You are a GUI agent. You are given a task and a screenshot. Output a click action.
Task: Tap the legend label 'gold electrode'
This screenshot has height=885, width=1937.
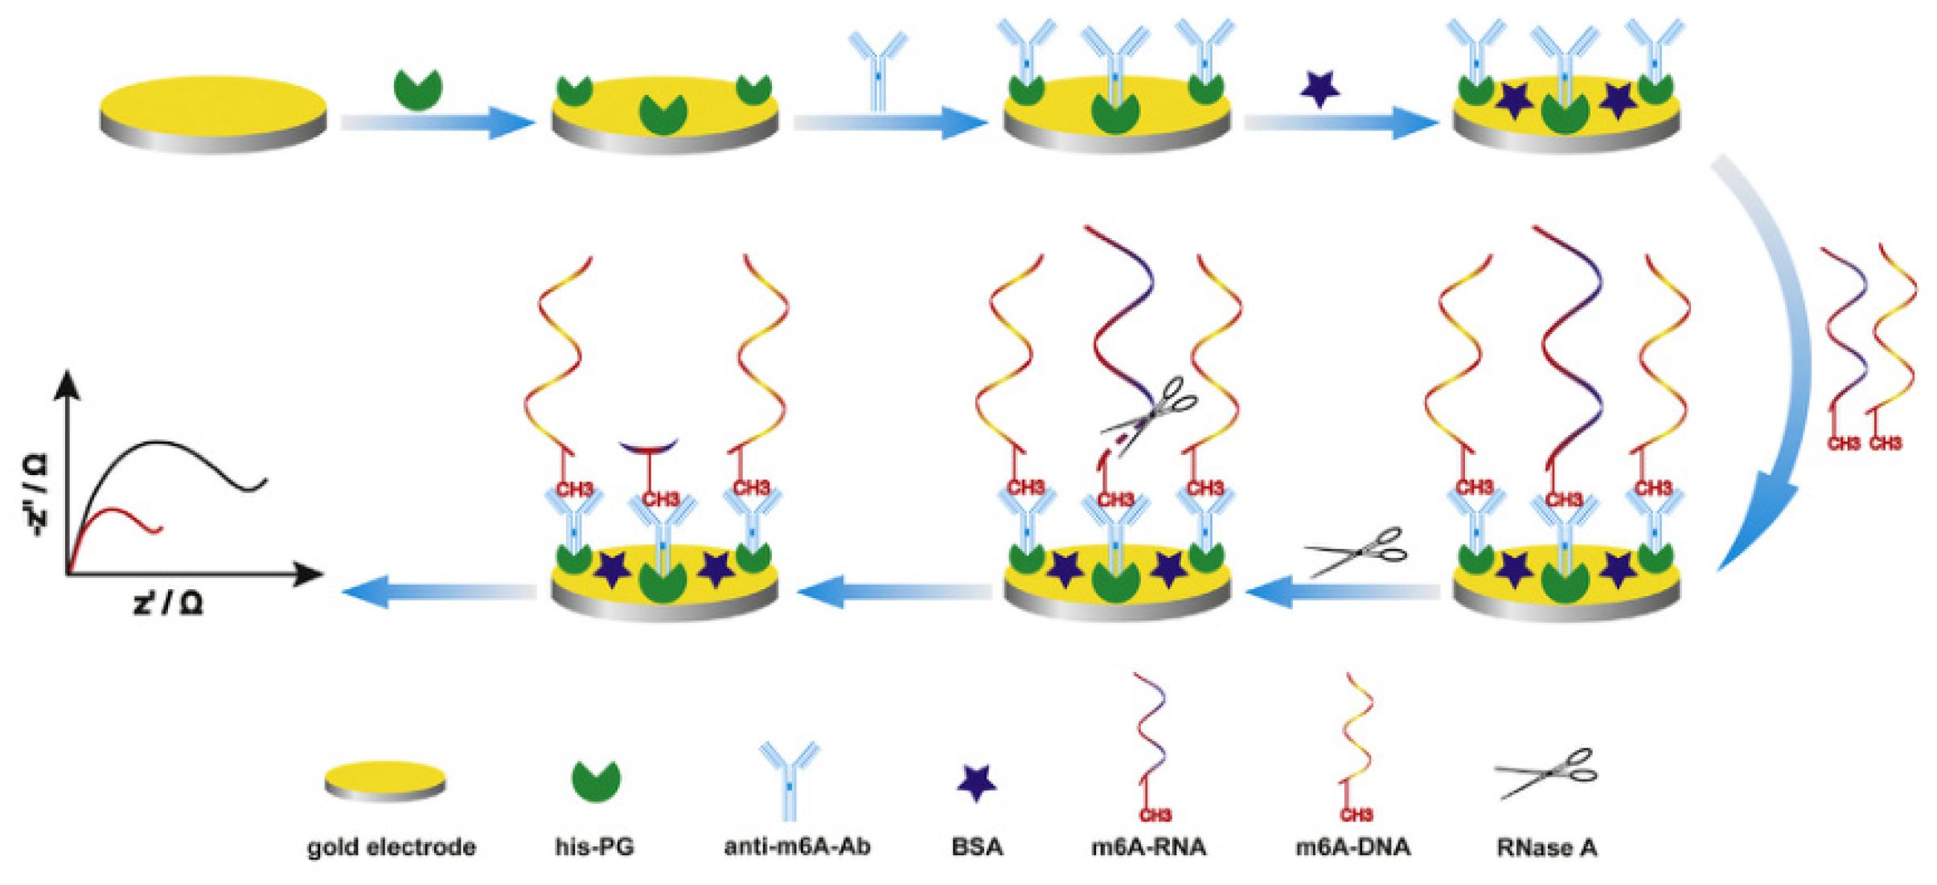(x=392, y=846)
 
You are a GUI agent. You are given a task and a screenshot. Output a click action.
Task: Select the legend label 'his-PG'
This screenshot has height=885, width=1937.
(x=594, y=846)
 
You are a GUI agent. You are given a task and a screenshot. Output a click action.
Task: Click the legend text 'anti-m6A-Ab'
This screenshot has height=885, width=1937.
(x=797, y=846)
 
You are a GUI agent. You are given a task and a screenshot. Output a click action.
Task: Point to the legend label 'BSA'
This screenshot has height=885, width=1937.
(x=977, y=846)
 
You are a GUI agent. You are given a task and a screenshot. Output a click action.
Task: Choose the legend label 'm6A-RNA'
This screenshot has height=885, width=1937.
(x=1148, y=846)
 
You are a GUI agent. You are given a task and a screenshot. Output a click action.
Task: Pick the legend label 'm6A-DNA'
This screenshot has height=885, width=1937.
(x=1352, y=846)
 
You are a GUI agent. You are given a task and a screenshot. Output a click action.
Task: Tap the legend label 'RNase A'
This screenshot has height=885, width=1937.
(x=1546, y=847)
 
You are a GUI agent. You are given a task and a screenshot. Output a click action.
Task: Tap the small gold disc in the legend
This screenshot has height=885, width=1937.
(x=384, y=780)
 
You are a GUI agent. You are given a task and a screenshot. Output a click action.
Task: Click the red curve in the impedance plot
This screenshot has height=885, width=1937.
(x=121, y=514)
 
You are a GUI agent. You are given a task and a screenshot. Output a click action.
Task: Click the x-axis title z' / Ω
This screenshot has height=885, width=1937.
(x=169, y=602)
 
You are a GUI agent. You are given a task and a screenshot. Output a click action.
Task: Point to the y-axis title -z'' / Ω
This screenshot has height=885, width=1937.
(x=36, y=494)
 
